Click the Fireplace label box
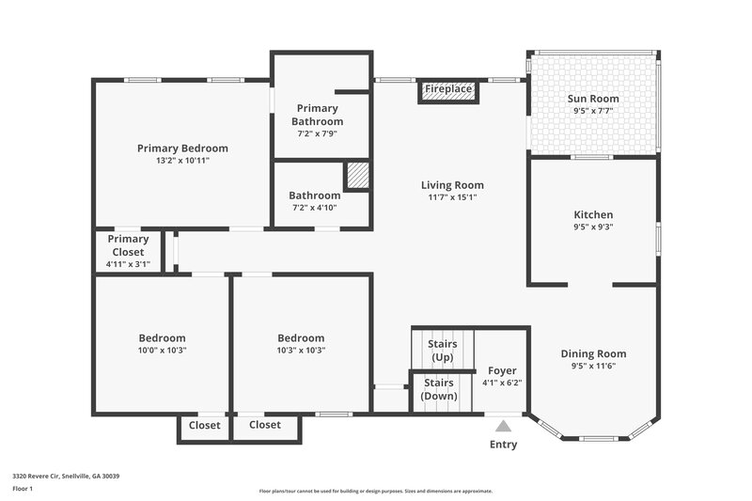[448, 89]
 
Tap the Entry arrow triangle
[504, 425]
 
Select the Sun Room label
[593, 99]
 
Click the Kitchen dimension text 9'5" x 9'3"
[593, 227]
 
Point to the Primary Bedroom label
[182, 149]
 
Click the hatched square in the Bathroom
[356, 177]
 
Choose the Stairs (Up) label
[442, 351]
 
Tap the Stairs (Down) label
[439, 389]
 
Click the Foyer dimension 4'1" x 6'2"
[501, 383]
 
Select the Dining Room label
[593, 353]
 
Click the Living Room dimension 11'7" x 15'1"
[452, 197]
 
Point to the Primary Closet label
[128, 245]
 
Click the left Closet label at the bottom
[204, 425]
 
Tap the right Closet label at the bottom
[265, 425]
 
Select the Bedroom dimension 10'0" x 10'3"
[162, 350]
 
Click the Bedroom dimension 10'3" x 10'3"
[301, 350]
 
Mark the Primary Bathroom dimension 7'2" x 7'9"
[317, 133]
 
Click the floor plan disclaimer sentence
[375, 491]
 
